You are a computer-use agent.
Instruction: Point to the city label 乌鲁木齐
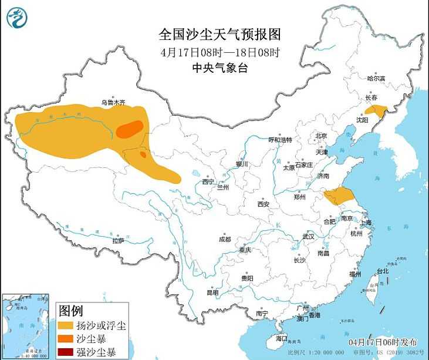(113, 102)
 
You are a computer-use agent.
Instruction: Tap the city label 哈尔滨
(376, 78)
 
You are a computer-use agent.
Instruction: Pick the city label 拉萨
(117, 240)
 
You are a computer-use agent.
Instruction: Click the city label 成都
(225, 239)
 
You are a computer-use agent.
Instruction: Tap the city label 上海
(366, 223)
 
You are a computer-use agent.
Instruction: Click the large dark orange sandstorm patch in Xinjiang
(129, 129)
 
